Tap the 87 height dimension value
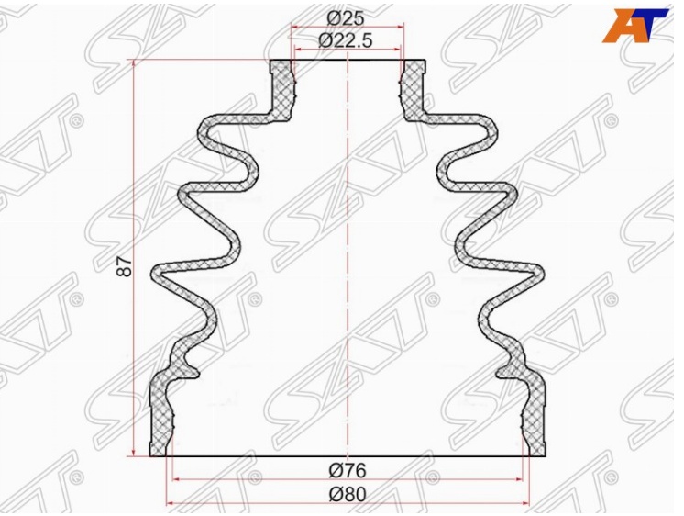click(x=125, y=265)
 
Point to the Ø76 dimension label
click(x=348, y=470)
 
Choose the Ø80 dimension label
click(x=348, y=495)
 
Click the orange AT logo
click(x=634, y=26)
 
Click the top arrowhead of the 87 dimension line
click(x=135, y=64)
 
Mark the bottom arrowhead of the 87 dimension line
click(x=135, y=452)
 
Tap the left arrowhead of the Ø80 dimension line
click(x=171, y=504)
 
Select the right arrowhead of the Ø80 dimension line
click(x=524, y=504)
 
